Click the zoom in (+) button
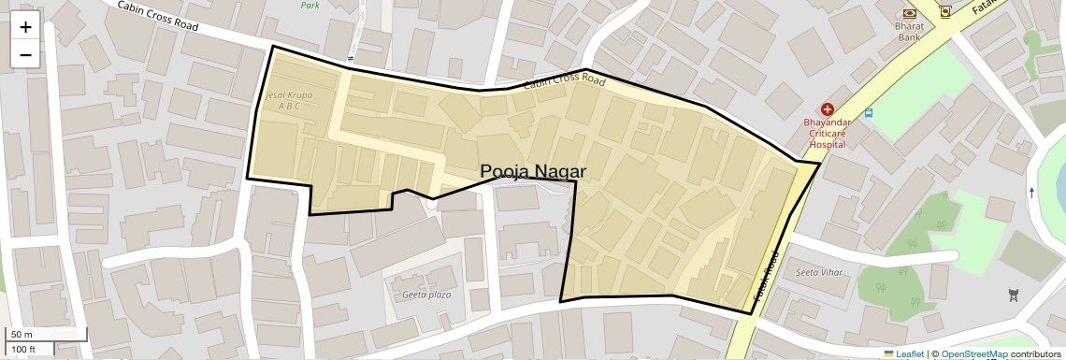pyautogui.click(x=25, y=27)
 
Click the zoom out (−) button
pyautogui.click(x=25, y=55)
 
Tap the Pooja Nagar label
pyautogui.click(x=533, y=171)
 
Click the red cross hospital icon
pyautogui.click(x=827, y=109)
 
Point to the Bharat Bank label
pyautogui.click(x=910, y=32)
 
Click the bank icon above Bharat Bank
pyautogui.click(x=909, y=13)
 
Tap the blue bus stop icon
pyautogui.click(x=869, y=113)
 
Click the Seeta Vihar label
pyautogui.click(x=819, y=272)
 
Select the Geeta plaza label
pyautogui.click(x=426, y=295)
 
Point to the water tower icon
pyautogui.click(x=1013, y=296)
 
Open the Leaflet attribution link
pyautogui.click(x=903, y=353)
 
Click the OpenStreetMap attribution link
pyautogui.click(x=974, y=353)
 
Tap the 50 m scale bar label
pyautogui.click(x=21, y=334)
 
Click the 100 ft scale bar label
pyautogui.click(x=23, y=349)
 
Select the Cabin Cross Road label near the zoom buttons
pyautogui.click(x=158, y=17)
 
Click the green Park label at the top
pyautogui.click(x=310, y=5)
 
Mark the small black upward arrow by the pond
pyautogui.click(x=1031, y=193)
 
